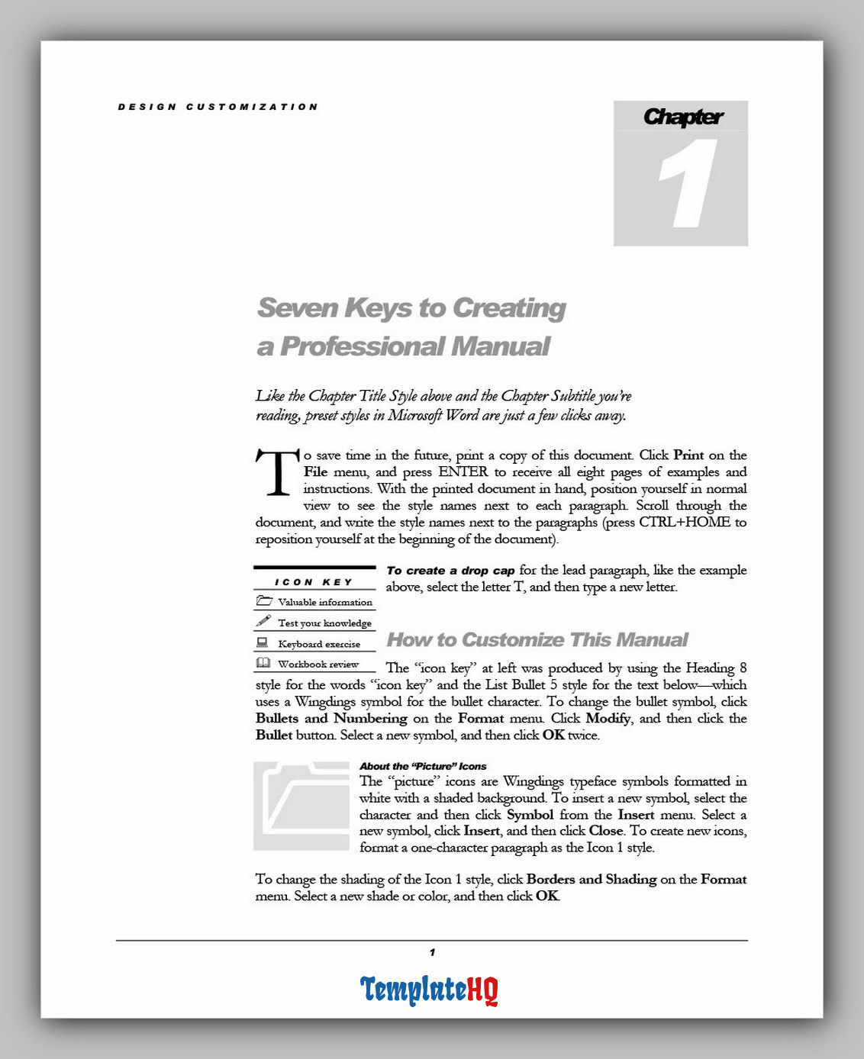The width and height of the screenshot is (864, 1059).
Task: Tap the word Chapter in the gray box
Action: (682, 117)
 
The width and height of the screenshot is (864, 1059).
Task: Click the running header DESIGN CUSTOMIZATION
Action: (218, 107)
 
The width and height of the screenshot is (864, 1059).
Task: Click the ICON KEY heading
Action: (314, 582)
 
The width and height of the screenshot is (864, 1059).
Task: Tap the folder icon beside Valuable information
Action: (264, 601)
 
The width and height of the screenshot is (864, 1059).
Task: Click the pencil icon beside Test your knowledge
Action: (264, 622)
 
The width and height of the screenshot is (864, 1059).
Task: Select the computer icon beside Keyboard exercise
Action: (263, 643)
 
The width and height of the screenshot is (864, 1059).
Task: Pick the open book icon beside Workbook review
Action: (263, 664)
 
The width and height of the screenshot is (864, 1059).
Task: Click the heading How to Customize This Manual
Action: (537, 639)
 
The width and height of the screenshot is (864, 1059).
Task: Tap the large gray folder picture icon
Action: (301, 806)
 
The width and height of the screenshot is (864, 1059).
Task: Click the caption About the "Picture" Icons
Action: (423, 766)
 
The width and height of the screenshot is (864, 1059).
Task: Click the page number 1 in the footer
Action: (432, 952)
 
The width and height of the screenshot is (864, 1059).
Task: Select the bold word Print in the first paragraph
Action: (688, 455)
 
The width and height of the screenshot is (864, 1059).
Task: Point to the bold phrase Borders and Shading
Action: (592, 879)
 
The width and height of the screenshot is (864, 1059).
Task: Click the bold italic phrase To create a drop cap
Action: (450, 570)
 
